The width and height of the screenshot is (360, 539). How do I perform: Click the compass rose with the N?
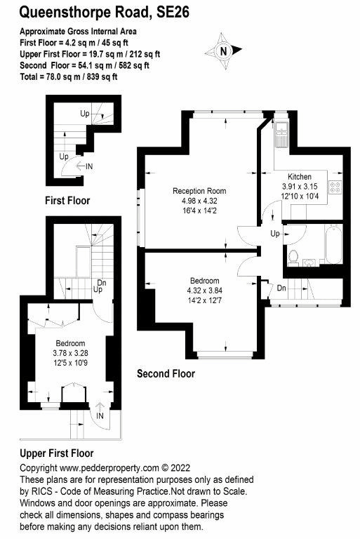tap(223, 51)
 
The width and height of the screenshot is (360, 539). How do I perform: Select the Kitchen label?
tap(304, 176)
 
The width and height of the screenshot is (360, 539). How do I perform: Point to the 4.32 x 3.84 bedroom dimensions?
tap(204, 291)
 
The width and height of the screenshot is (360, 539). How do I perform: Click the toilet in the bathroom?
tap(294, 256)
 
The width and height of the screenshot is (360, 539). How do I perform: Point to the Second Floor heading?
tap(166, 373)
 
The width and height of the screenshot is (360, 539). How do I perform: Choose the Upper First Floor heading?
tap(57, 453)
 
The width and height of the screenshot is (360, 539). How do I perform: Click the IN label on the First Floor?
tap(89, 166)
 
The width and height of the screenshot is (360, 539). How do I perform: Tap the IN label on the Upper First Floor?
tap(100, 416)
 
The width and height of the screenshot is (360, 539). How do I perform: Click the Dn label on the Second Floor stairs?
tap(280, 288)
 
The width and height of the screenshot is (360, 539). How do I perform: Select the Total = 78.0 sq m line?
tap(68, 76)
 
